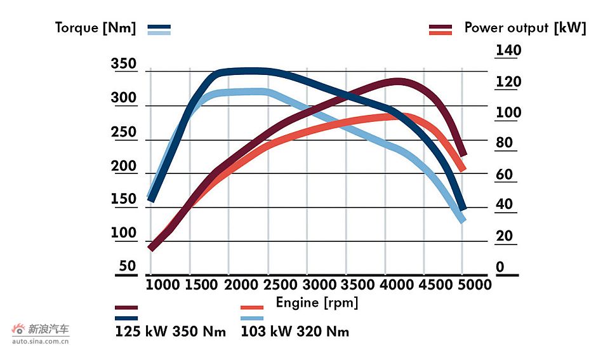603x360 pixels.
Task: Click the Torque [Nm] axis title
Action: click(x=95, y=28)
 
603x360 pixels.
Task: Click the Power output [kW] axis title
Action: click(x=525, y=28)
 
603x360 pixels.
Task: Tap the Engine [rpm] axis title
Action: click(x=317, y=303)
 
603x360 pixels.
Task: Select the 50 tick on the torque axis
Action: click(x=128, y=266)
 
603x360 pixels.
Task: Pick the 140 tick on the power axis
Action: click(x=508, y=51)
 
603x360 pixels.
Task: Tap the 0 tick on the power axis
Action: click(x=500, y=267)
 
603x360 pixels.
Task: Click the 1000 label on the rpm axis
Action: click(x=163, y=284)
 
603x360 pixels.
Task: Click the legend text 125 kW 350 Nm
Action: click(x=170, y=332)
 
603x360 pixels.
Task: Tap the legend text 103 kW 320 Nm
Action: click(x=295, y=332)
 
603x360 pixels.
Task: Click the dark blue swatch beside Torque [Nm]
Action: click(x=159, y=27)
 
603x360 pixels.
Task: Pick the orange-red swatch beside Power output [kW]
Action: click(x=441, y=33)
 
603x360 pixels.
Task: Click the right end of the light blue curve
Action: click(x=463, y=220)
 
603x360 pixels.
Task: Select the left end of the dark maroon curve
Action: click(x=151, y=248)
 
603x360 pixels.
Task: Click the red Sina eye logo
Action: click(x=19, y=330)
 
